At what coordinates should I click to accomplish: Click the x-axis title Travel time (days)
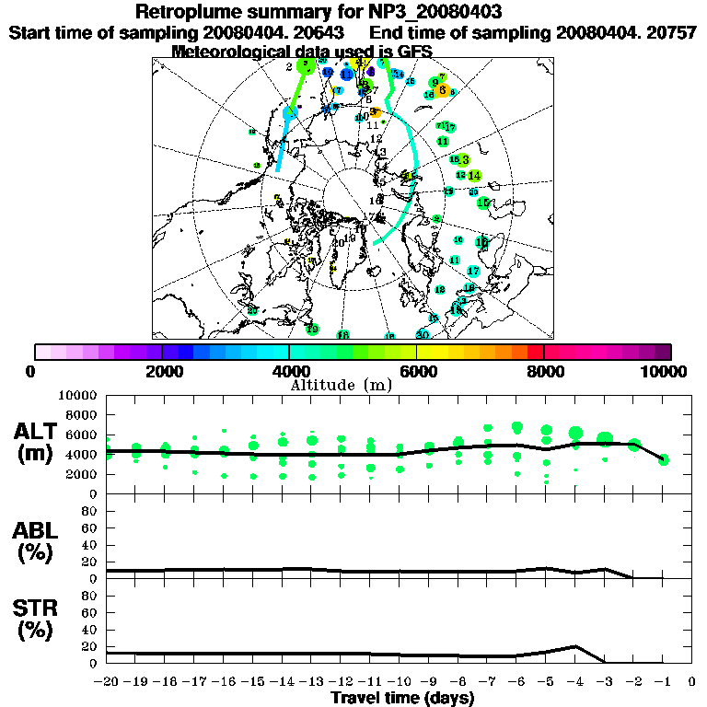click(401, 698)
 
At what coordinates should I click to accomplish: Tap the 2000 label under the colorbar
click(162, 371)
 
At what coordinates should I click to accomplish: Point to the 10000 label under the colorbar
click(666, 371)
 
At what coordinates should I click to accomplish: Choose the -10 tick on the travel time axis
click(400, 682)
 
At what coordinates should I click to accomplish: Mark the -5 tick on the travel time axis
click(546, 682)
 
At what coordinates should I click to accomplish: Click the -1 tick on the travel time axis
click(663, 682)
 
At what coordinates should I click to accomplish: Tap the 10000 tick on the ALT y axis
click(78, 395)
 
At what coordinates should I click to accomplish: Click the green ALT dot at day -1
click(663, 459)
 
